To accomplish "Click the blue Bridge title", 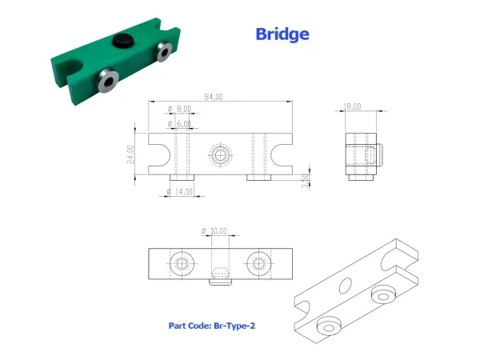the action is pos(282,34).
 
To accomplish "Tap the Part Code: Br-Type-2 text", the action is pos(212,326).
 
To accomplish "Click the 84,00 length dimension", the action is pos(214,97).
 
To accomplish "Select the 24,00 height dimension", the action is pos(130,154).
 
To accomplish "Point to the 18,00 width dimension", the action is pos(352,106).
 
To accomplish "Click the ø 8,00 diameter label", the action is pos(179,109).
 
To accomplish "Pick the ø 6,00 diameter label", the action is pos(179,124).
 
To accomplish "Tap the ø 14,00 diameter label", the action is pos(179,192).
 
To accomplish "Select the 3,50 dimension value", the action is pos(306,181).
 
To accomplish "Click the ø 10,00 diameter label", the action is pos(214,231).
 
